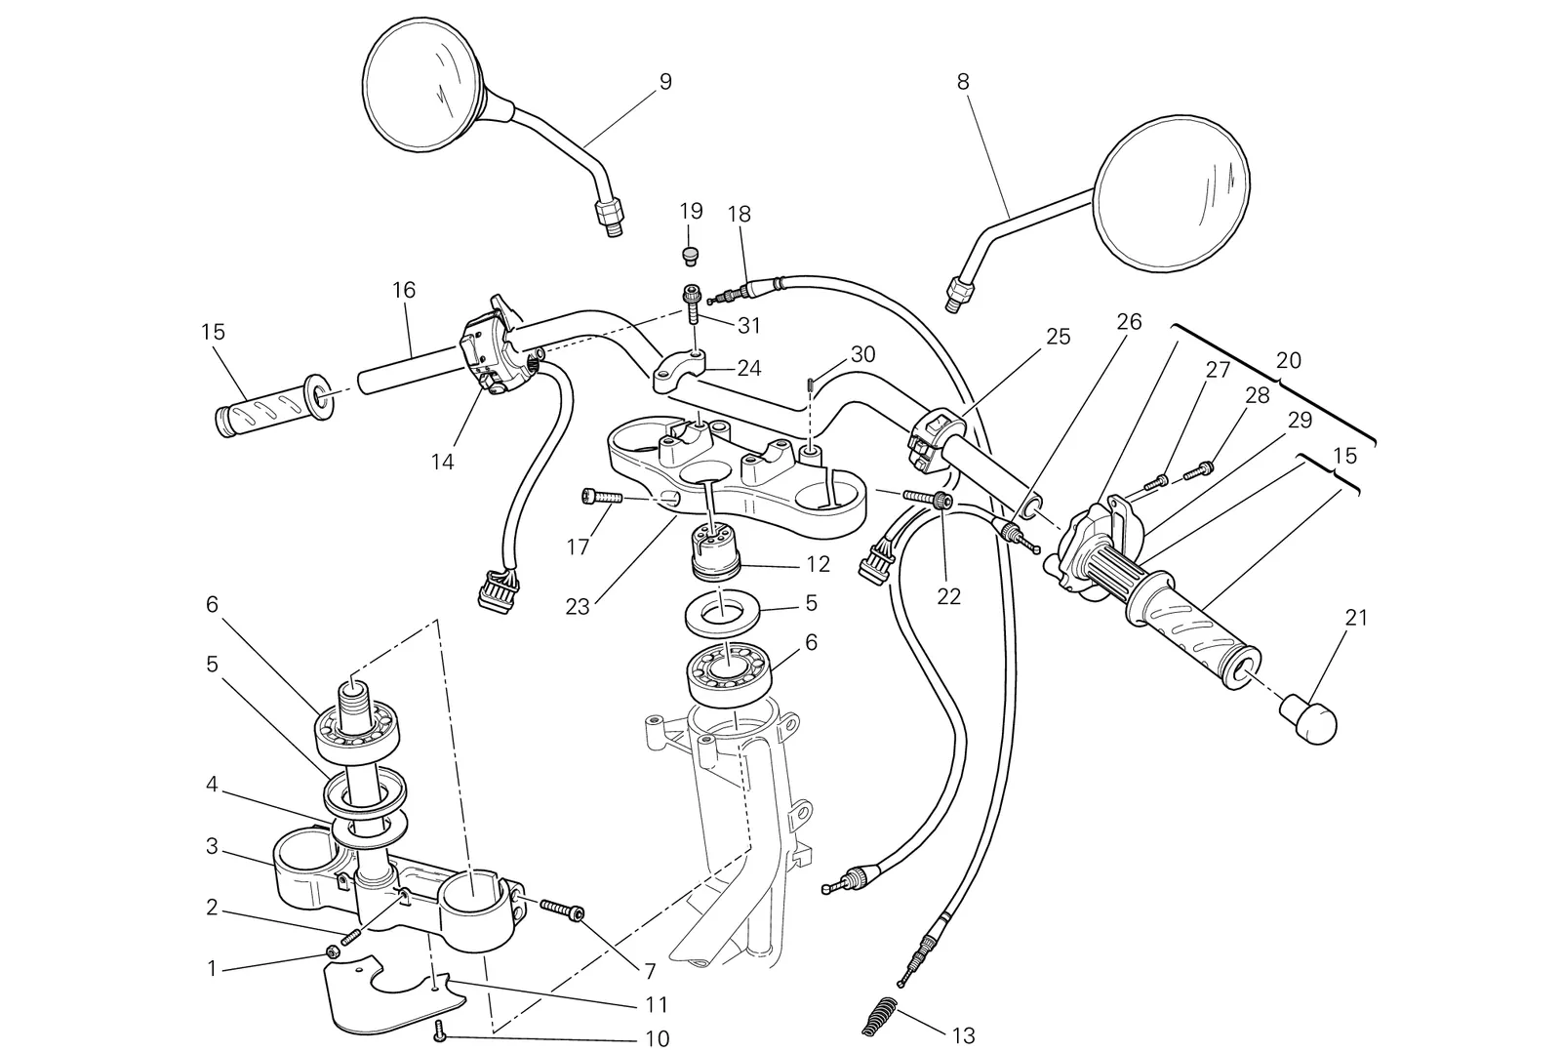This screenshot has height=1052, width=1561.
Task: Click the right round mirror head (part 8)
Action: point(1172,193)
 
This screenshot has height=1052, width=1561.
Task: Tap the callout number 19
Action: point(691,211)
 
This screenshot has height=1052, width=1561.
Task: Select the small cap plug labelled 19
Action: point(691,255)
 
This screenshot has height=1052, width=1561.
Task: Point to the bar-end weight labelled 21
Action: point(1308,719)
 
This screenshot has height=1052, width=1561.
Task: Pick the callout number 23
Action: point(577,607)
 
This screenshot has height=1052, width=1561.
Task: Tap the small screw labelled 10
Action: point(439,1032)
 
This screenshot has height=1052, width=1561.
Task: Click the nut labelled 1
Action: point(333,951)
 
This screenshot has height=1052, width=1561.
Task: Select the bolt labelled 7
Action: point(562,910)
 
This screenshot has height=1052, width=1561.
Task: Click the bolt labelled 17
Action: point(601,497)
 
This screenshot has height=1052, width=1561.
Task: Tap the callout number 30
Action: point(862,354)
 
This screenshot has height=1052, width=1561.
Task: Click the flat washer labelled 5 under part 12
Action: point(722,614)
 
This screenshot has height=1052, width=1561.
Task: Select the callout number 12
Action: point(819,564)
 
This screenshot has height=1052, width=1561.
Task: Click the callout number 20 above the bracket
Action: point(1289,360)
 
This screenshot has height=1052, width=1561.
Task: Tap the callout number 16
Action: point(404,289)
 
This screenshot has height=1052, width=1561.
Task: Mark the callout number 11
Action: point(657,1004)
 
